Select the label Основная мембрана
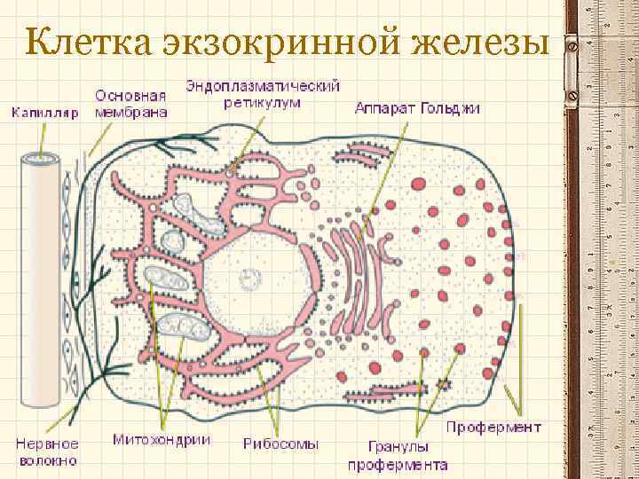coord(130,105)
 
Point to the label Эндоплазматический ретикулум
coord(264,94)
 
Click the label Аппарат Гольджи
coord(417,109)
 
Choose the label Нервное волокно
coord(47,452)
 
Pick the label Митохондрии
coord(162,439)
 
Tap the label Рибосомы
coord(280,444)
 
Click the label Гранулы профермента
coord(397,455)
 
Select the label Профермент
coord(493,427)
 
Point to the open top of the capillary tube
coord(42,160)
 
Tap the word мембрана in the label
coord(130,113)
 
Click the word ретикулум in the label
coord(264,102)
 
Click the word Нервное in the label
coord(47,444)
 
